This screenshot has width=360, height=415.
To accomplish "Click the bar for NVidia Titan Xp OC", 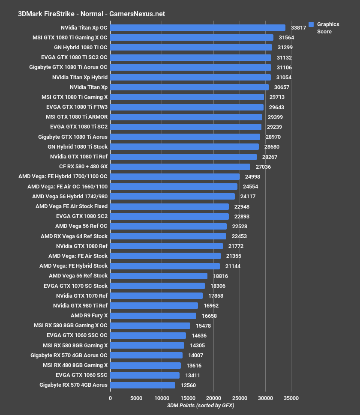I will point(198,28).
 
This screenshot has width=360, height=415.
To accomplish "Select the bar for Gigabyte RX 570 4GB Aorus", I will point(143,385).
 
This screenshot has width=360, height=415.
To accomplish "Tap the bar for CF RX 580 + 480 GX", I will point(180,167).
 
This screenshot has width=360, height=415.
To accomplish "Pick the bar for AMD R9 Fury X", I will point(153,316).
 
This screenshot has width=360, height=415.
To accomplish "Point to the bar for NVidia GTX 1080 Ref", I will point(166,246).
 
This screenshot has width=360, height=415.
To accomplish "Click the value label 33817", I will point(298,28).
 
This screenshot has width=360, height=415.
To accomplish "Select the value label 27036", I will point(263,167).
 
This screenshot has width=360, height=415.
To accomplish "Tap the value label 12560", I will point(188,385).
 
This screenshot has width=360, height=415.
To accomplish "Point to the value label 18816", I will point(221,276).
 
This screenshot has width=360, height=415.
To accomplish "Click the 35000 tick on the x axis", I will point(291,398).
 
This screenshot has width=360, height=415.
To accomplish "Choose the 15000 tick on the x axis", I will point(188,398).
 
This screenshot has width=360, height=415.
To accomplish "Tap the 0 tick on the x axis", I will point(110,398).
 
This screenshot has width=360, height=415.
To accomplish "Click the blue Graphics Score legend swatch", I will point(311,24).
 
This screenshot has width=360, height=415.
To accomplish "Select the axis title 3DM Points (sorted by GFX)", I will point(201,406).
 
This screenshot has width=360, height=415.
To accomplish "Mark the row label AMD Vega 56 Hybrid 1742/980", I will point(70,196).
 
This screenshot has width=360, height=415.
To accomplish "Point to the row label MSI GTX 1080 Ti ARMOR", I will point(77,117).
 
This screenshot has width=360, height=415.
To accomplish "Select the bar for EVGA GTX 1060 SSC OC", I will point(148,335).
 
